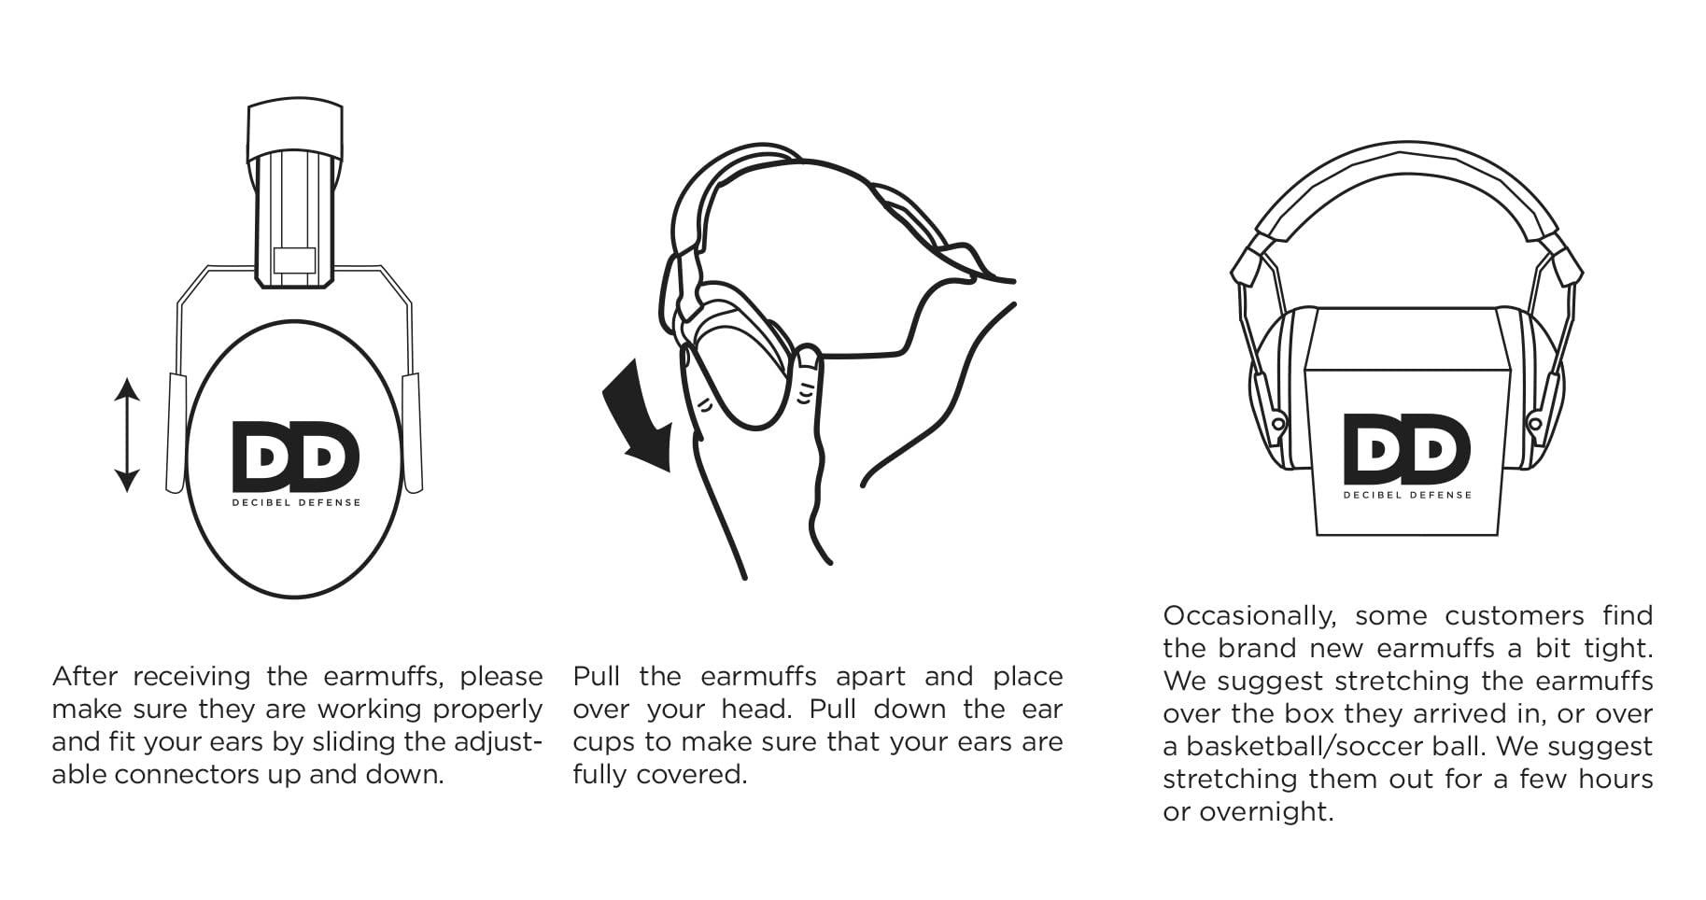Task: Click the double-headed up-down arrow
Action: click(127, 434)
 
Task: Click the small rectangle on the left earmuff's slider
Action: click(293, 261)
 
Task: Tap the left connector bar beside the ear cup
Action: click(176, 431)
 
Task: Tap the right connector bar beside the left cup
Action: click(412, 431)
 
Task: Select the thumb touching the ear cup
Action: click(806, 373)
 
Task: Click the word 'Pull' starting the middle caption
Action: click(596, 676)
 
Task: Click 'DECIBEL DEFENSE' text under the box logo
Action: click(1407, 495)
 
